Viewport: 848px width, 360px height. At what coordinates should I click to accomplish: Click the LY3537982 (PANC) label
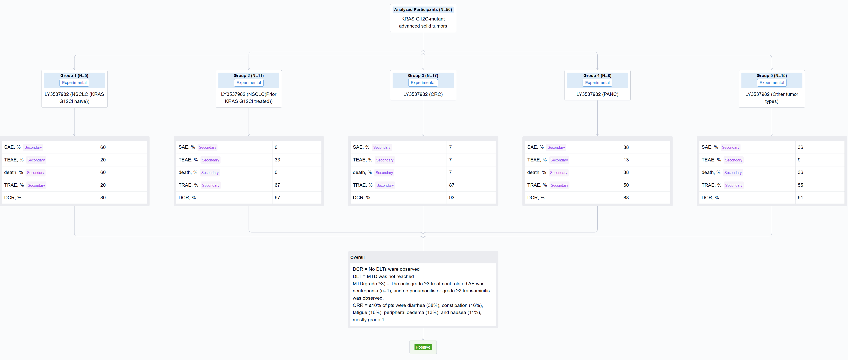click(x=597, y=94)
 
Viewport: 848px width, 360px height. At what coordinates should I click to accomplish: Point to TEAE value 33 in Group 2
click(x=277, y=160)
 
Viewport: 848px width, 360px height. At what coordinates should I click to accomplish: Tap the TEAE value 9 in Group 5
click(x=799, y=160)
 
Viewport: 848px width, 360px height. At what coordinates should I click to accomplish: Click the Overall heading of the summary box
click(x=357, y=257)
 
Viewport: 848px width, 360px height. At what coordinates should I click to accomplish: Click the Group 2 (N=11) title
click(x=249, y=76)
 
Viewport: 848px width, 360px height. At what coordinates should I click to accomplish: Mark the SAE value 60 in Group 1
click(x=103, y=147)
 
